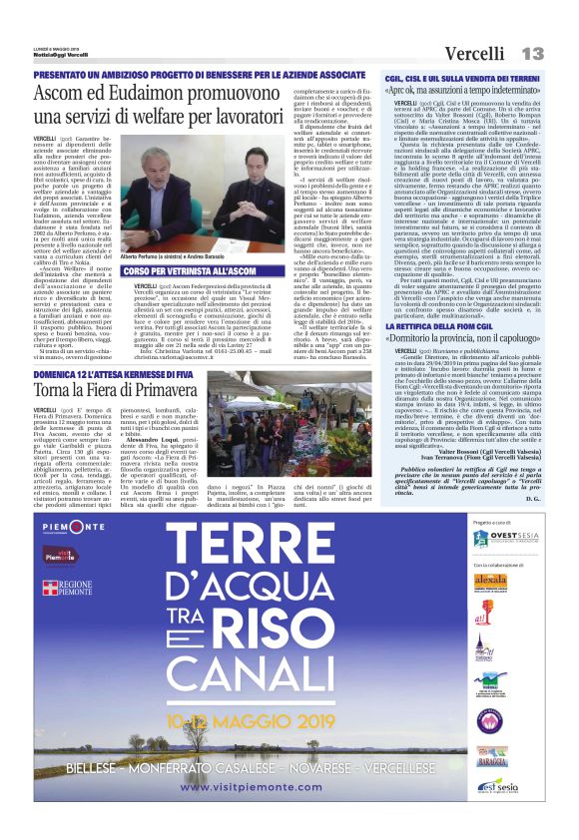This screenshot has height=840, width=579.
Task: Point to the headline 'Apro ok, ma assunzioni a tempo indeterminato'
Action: (x=469, y=91)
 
